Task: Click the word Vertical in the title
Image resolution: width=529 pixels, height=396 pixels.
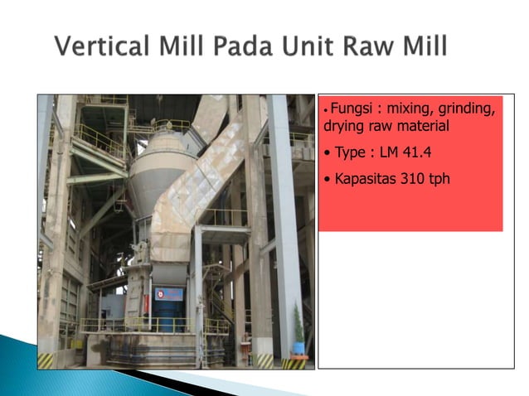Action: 98,46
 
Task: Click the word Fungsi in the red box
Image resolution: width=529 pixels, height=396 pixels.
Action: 352,109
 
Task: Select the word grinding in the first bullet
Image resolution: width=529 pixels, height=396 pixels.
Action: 466,109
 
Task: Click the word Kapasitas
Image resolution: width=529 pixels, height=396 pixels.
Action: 362,177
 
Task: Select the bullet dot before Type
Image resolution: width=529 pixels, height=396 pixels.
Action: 328,153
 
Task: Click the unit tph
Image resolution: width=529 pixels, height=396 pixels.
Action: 438,178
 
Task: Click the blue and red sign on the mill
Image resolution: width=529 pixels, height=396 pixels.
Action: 168,294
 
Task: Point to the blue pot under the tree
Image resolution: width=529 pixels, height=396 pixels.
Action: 298,347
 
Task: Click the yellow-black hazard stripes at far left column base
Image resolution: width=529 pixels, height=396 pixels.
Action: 46,360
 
